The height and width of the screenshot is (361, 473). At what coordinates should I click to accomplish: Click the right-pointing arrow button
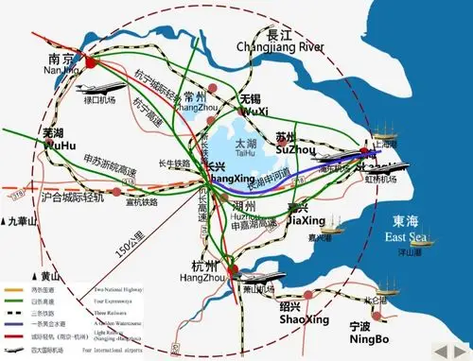pos(460,351)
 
